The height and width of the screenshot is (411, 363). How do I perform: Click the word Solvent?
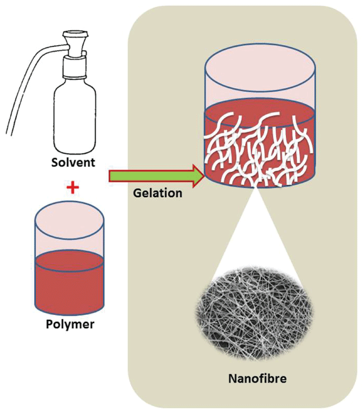click(x=72, y=163)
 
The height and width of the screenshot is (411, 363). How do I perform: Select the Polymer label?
click(x=69, y=325)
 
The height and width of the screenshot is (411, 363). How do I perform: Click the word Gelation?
click(x=158, y=193)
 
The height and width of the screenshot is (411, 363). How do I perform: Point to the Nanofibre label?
click(x=257, y=379)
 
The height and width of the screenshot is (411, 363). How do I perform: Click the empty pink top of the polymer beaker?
click(x=69, y=233)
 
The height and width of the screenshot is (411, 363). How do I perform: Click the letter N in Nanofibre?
click(x=232, y=379)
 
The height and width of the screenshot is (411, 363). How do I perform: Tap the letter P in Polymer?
click(x=50, y=325)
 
